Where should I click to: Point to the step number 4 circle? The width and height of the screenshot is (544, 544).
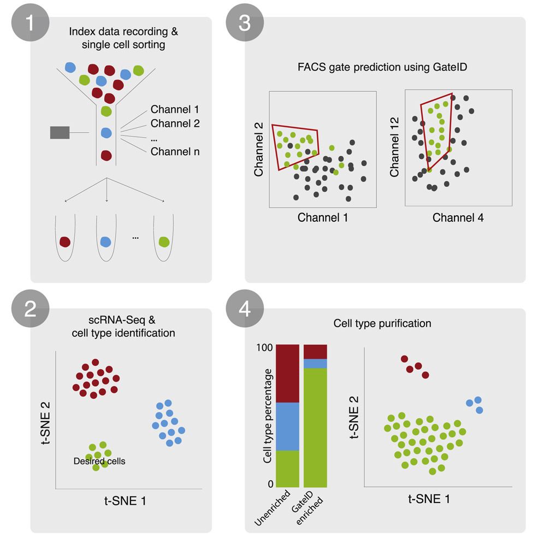coord(245,309)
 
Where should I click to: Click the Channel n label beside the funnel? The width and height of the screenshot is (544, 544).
coord(175,151)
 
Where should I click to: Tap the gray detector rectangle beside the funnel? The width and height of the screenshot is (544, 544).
coord(60,133)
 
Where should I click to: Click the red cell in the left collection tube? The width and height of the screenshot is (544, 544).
coord(65,241)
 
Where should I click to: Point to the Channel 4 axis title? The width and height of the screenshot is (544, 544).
coord(458,217)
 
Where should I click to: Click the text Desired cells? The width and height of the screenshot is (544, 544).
coord(99,461)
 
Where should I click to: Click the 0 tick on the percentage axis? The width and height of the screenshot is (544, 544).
coord(270,484)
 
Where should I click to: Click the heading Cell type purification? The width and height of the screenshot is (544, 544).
coord(382,323)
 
